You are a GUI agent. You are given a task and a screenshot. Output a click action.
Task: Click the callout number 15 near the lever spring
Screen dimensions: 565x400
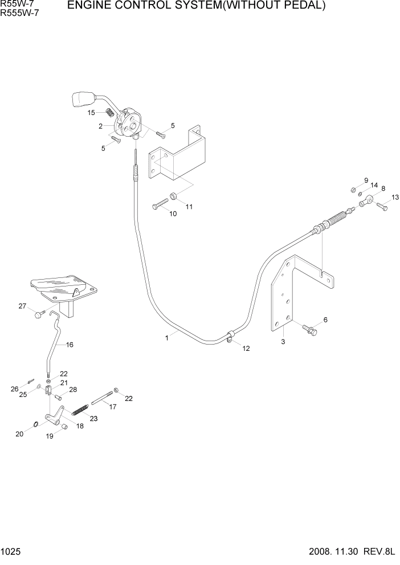(x=91, y=113)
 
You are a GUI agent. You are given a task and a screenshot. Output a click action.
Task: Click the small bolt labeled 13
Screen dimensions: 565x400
(x=382, y=207)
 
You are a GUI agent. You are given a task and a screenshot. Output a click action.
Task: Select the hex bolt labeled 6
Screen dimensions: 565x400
(x=310, y=329)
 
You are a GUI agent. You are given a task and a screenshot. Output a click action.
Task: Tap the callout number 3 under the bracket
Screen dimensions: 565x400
(x=283, y=342)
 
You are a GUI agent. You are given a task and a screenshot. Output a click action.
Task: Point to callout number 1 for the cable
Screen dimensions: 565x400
(x=166, y=338)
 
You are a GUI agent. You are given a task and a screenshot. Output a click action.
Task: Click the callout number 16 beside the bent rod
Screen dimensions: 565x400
(x=70, y=345)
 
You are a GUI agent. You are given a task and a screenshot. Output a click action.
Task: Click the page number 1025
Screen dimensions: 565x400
(x=11, y=552)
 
